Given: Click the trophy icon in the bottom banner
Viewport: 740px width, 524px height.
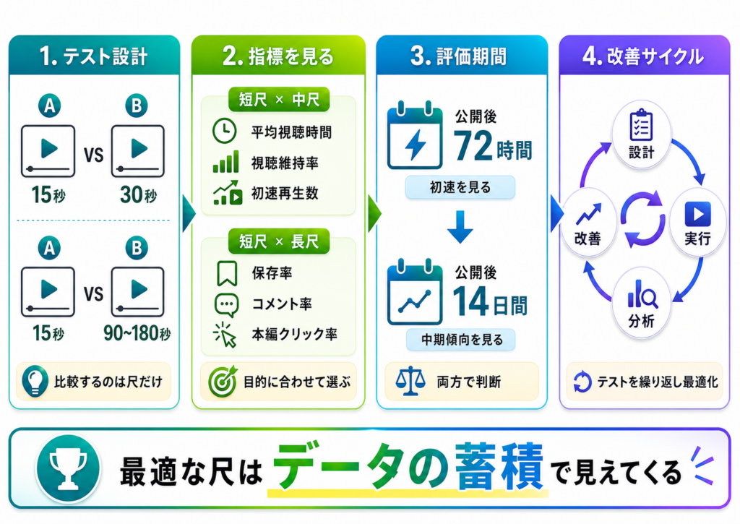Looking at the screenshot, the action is (69, 468).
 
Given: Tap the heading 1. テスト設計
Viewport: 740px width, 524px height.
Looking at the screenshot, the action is (93, 56).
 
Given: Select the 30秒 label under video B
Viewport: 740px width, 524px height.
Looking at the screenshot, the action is (138, 194).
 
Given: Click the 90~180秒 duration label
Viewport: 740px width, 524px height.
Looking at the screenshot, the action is (137, 333).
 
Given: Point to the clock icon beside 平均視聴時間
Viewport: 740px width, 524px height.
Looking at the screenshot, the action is (224, 132).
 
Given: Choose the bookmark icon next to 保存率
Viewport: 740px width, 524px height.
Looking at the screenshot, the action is (226, 273).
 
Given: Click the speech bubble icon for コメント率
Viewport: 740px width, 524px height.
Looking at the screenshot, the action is (226, 304).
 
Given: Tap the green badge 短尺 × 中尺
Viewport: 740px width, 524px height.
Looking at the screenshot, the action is (278, 100).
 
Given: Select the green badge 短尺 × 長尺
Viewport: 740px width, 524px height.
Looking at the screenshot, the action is (278, 241).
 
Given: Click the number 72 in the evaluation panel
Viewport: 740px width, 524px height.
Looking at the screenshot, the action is (473, 146).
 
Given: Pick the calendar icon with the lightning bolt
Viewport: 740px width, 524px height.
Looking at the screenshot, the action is (415, 135).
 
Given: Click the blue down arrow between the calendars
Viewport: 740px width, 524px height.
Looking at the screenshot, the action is (460, 227).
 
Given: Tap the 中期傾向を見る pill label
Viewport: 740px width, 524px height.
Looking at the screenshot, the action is (460, 340).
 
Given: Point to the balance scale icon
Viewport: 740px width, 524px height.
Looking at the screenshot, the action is (410, 380).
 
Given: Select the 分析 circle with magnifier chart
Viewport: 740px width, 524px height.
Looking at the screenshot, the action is (642, 303).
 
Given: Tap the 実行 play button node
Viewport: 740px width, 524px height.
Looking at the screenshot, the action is (697, 223).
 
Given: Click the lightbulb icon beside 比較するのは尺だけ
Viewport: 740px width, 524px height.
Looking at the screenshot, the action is (35, 380).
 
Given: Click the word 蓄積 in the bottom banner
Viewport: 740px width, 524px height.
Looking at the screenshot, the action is (499, 467).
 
